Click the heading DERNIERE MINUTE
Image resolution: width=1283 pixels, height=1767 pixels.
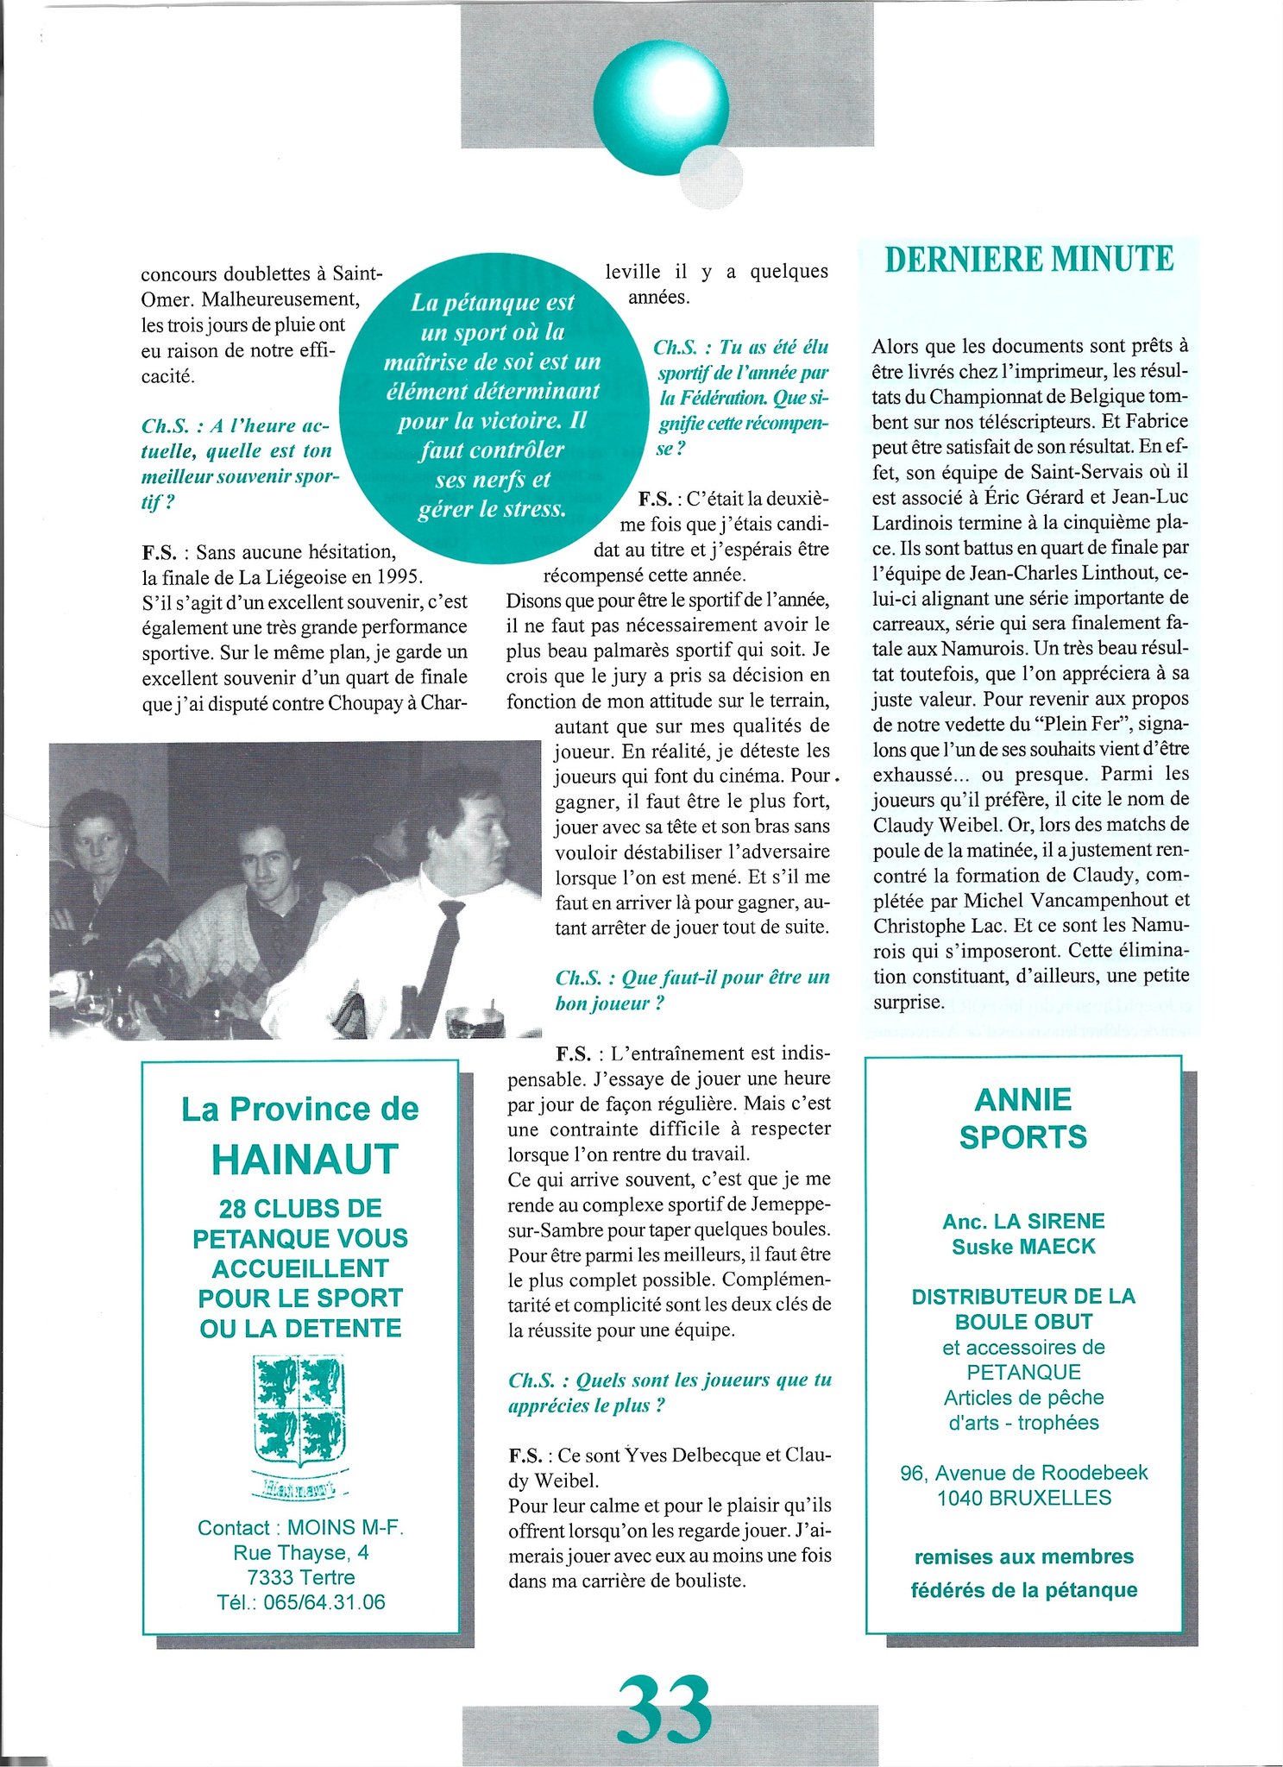(x=1029, y=260)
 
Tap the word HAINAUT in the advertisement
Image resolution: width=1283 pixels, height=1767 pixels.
(x=305, y=1160)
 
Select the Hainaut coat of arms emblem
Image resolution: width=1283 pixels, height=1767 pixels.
(x=299, y=1412)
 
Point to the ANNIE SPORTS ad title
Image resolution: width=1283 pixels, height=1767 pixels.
(x=1023, y=1118)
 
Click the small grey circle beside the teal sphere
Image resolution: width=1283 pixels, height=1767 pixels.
(x=711, y=177)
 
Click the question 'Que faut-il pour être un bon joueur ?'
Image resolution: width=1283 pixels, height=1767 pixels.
(x=693, y=990)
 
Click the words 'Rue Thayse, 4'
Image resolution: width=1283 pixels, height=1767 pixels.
(x=300, y=1552)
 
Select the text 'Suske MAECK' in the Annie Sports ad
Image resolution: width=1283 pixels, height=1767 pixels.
(x=1023, y=1246)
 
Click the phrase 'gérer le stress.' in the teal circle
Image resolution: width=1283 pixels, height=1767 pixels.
(x=492, y=509)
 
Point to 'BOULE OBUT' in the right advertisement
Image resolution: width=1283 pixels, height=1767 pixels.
(x=1023, y=1321)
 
